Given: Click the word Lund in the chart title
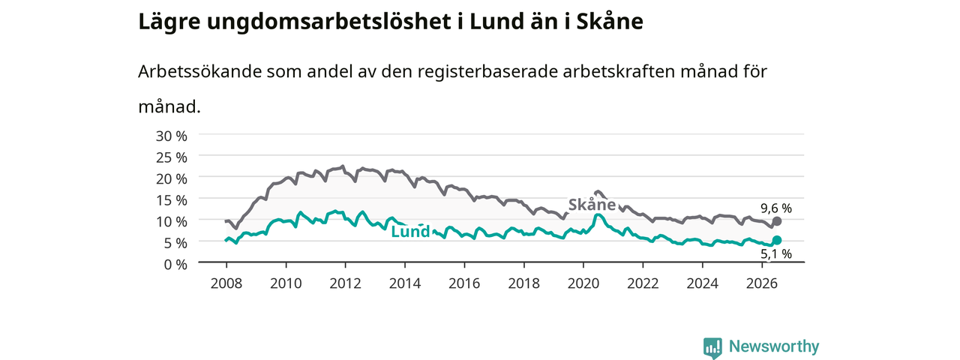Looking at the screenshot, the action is click(x=496, y=22).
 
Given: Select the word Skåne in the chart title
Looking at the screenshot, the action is click(x=610, y=22).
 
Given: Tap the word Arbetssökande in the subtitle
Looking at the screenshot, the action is click(x=199, y=71).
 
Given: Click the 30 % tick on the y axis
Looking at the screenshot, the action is click(x=172, y=136).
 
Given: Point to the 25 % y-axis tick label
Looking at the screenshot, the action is click(x=172, y=157).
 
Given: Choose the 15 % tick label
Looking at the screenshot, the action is click(x=172, y=200).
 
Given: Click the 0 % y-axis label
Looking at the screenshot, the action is click(x=175, y=265).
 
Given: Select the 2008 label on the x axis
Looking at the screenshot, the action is click(x=226, y=283).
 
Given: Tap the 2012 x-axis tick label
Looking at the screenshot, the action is click(x=346, y=283).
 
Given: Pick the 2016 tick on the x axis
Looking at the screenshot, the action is click(x=464, y=283).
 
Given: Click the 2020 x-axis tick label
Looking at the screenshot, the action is click(x=583, y=283).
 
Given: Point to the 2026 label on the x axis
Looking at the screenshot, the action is click(x=762, y=283).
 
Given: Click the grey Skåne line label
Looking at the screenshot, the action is click(x=592, y=205).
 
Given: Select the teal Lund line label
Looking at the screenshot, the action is click(x=410, y=232).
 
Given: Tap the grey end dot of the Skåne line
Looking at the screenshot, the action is click(x=776, y=221).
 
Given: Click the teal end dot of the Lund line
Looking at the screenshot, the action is click(x=776, y=240).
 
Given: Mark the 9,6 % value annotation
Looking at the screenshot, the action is click(x=776, y=208).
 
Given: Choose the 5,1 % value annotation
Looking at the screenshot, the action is click(x=776, y=253).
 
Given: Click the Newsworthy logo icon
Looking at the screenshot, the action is click(x=712, y=347).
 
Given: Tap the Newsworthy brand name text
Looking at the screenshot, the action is click(x=774, y=346).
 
